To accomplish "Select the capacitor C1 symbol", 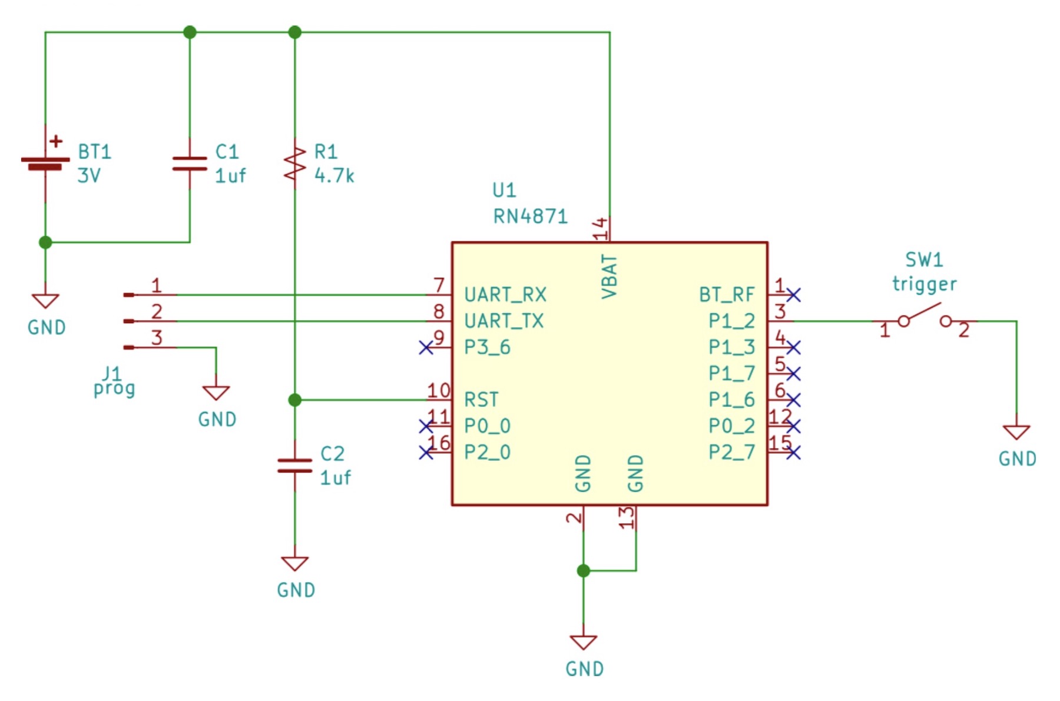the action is tap(190, 164).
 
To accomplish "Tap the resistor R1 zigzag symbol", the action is tap(294, 163).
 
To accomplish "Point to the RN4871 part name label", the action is tap(530, 217).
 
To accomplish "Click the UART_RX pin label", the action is tap(505, 294).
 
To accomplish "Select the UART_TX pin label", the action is tap(504, 321).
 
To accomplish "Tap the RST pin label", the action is tap(481, 400).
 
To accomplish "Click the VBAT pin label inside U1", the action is tap(609, 277).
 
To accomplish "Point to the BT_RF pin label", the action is tap(727, 294).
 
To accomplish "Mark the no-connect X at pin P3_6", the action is tap(426, 347).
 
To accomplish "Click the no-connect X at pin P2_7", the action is tap(793, 453).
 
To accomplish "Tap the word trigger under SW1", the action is tap(924, 284).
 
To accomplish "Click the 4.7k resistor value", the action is tap(334, 175).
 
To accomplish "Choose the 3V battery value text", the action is tap(89, 175).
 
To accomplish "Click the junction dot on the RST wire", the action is tap(295, 400).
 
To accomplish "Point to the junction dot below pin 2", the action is tap(584, 570).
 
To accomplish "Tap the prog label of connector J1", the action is tap(114, 389).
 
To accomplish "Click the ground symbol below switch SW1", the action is tap(1016, 432).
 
